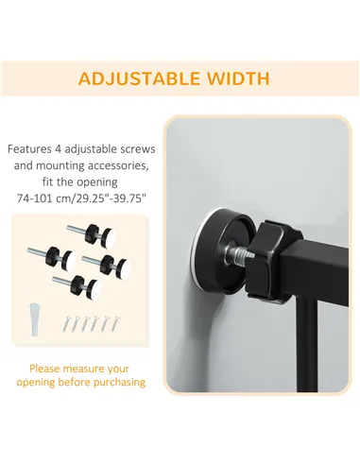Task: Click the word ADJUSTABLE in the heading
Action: [x=139, y=78]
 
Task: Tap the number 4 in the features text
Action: [x=58, y=149]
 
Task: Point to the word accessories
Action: [x=118, y=165]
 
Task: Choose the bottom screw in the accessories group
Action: [x=77, y=284]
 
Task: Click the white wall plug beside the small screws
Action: [x=35, y=319]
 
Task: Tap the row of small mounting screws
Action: [x=91, y=323]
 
